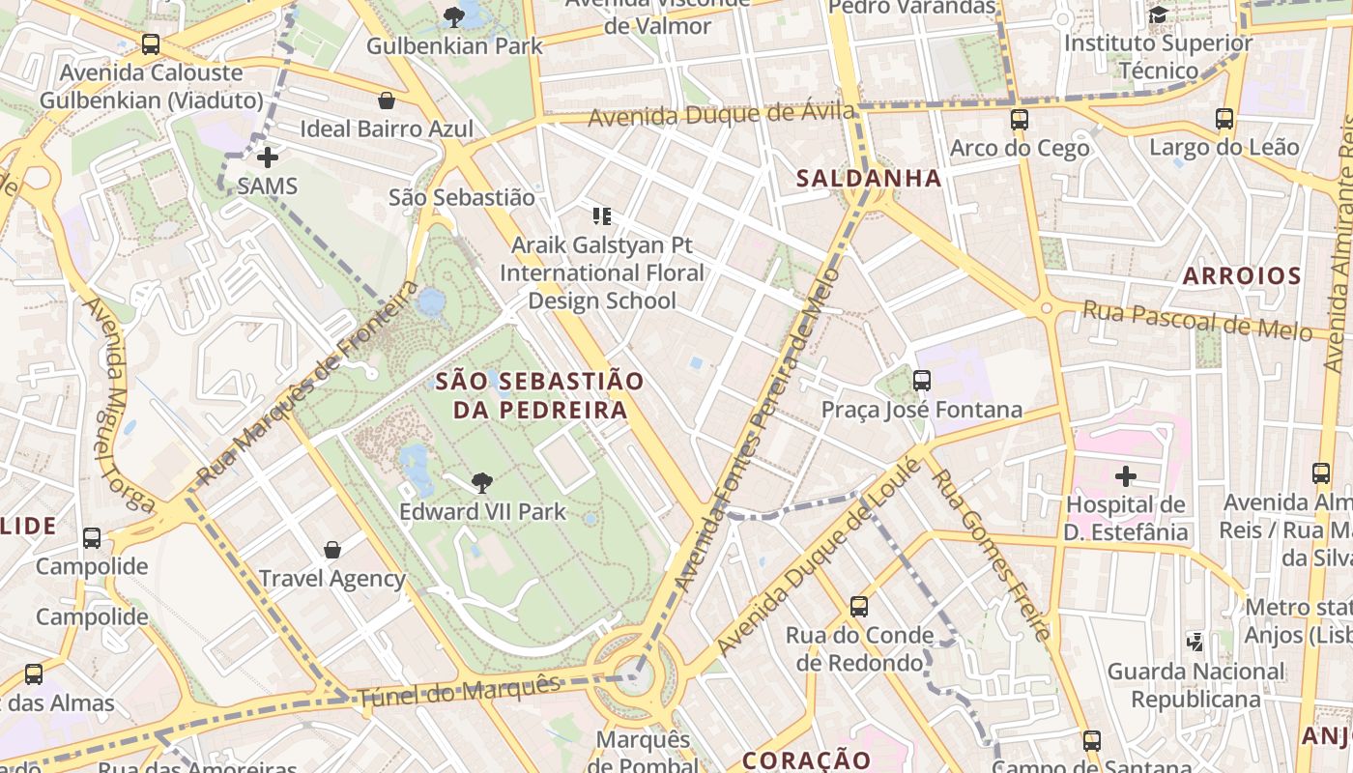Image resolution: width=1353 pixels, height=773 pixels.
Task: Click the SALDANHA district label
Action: point(868,178)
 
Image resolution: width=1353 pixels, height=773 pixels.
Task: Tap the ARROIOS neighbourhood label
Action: point(1242,276)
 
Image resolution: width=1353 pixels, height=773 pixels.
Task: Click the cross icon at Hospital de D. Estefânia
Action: point(1125,476)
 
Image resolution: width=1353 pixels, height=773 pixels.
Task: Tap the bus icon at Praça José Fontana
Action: point(921,381)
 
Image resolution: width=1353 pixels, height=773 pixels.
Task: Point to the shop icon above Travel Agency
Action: point(332,550)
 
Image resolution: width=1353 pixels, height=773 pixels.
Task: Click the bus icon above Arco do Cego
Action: point(1019,120)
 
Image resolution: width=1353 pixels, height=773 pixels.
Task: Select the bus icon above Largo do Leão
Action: point(1223,119)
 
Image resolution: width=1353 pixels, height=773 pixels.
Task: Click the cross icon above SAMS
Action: point(268,157)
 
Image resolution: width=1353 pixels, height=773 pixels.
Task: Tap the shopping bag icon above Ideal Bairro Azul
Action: point(387,100)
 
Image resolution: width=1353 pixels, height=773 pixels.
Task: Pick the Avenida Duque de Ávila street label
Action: point(721,115)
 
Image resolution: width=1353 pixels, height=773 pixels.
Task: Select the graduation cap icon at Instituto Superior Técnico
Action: point(1157,14)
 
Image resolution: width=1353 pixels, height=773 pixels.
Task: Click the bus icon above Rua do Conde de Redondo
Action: point(858,607)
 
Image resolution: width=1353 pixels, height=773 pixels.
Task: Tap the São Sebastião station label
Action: point(461,197)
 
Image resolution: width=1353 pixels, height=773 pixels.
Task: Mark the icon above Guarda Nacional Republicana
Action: point(1195,642)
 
